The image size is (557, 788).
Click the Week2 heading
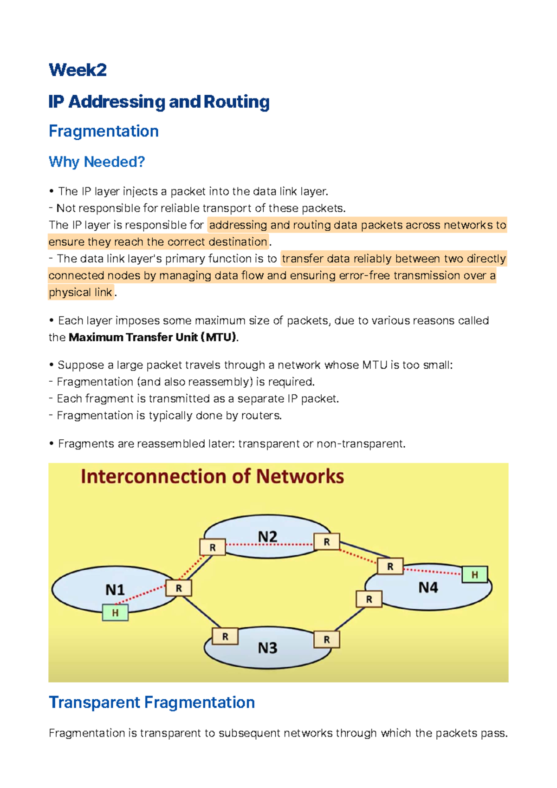click(x=78, y=70)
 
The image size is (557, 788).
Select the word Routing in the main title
click(x=236, y=102)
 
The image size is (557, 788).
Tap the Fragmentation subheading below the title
click(x=104, y=131)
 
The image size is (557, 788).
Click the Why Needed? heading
click(x=97, y=162)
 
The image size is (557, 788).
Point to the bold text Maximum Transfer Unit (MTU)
click(x=153, y=338)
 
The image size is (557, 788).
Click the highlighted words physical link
click(x=80, y=293)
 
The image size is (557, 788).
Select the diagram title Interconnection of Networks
click(x=212, y=477)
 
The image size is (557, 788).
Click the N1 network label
click(x=115, y=590)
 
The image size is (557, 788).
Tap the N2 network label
click(x=267, y=537)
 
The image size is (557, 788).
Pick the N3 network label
click(x=267, y=648)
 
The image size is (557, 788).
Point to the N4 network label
click(x=428, y=588)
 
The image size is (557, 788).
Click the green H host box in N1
click(x=115, y=612)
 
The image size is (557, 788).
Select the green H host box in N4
click(x=474, y=574)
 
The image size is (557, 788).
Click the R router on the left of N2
click(x=213, y=547)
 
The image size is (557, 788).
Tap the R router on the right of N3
click(x=326, y=639)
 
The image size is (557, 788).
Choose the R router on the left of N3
click(x=225, y=636)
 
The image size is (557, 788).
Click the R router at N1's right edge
click(x=179, y=588)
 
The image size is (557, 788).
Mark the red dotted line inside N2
click(x=269, y=544)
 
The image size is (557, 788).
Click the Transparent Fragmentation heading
click(x=152, y=703)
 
